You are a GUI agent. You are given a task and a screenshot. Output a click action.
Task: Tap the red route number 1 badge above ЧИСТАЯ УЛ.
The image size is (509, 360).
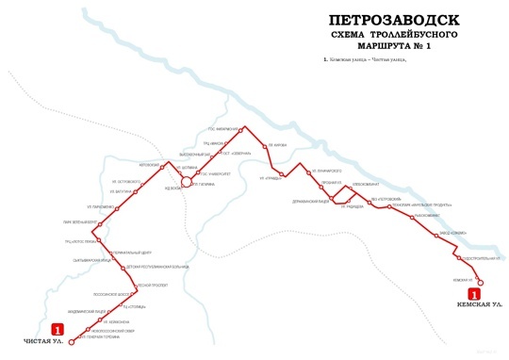pyautogui.click(x=60, y=330)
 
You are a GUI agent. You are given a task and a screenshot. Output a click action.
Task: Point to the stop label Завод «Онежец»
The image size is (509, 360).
pyautogui.click(x=452, y=232)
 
